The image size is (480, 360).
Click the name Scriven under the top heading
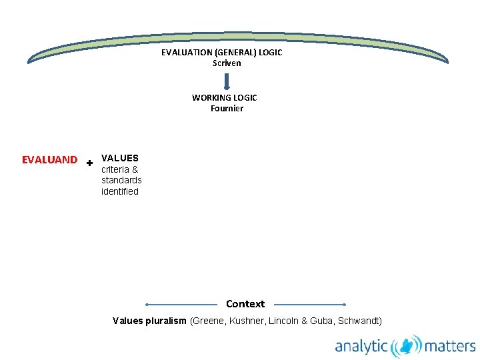pos(227,63)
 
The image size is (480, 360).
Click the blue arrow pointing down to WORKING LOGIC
pos(227,81)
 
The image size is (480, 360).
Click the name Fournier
pos(227,108)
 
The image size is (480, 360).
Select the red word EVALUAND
pos(49,160)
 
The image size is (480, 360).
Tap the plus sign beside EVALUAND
pos(89,162)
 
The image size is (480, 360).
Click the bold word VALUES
pos(120,158)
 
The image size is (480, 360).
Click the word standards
pos(121,180)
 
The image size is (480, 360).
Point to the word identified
pos(120,191)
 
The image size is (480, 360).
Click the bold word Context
pos(245,304)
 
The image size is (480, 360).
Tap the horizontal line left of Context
pos(182,304)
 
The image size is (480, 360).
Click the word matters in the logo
pos(450,346)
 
